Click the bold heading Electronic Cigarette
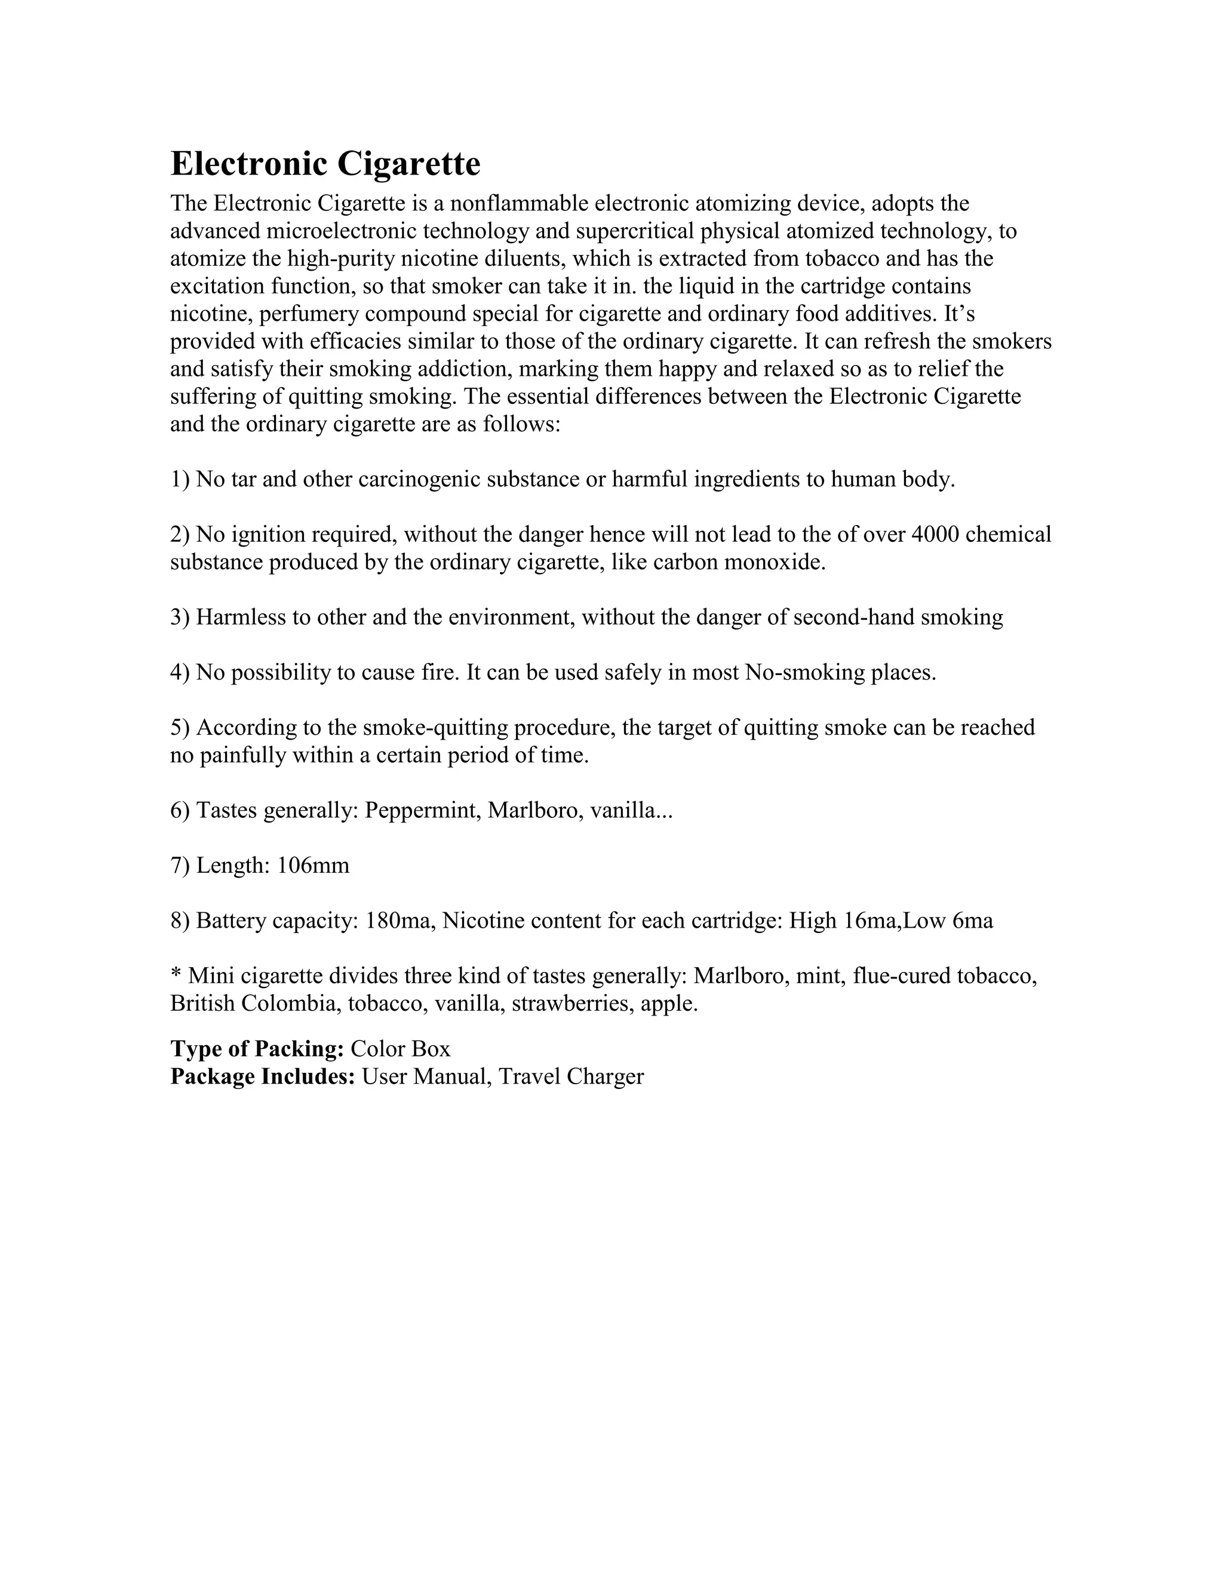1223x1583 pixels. coord(325,163)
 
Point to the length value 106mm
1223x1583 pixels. coord(313,865)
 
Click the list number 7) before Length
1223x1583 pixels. coord(180,865)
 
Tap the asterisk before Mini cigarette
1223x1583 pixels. coord(176,974)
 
